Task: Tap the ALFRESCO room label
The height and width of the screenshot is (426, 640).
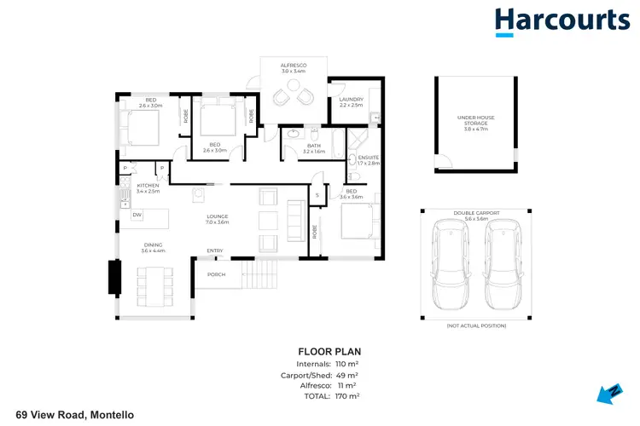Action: click(293, 67)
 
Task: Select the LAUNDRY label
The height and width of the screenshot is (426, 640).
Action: click(351, 102)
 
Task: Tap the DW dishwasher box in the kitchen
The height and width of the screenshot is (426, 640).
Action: click(137, 215)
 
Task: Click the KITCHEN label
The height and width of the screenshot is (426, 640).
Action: click(148, 188)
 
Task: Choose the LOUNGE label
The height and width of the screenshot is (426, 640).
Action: click(218, 219)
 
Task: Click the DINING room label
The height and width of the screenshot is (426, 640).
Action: click(154, 248)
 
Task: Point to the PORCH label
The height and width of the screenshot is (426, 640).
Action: click(216, 274)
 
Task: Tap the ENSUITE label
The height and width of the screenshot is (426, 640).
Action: click(369, 159)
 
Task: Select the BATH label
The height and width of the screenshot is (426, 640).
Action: click(313, 148)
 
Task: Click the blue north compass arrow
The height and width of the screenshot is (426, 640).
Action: click(610, 393)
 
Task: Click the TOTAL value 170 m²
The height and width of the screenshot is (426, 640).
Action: click(346, 396)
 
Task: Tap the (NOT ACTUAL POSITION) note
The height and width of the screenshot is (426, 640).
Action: click(475, 325)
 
